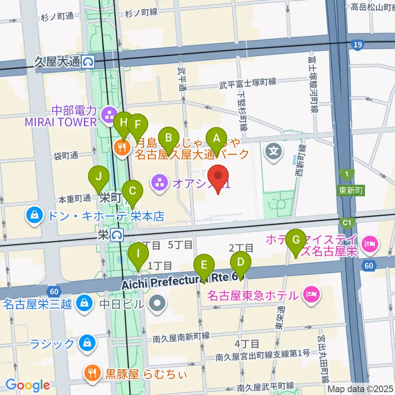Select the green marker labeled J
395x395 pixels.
pyautogui.click(x=98, y=177)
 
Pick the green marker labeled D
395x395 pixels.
pyautogui.click(x=241, y=262)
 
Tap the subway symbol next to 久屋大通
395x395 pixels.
pyautogui.click(x=88, y=62)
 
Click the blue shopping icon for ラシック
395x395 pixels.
pyautogui.click(x=87, y=342)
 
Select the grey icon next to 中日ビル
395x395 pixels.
pyautogui.click(x=157, y=304)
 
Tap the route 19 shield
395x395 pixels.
pyautogui.click(x=358, y=44)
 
